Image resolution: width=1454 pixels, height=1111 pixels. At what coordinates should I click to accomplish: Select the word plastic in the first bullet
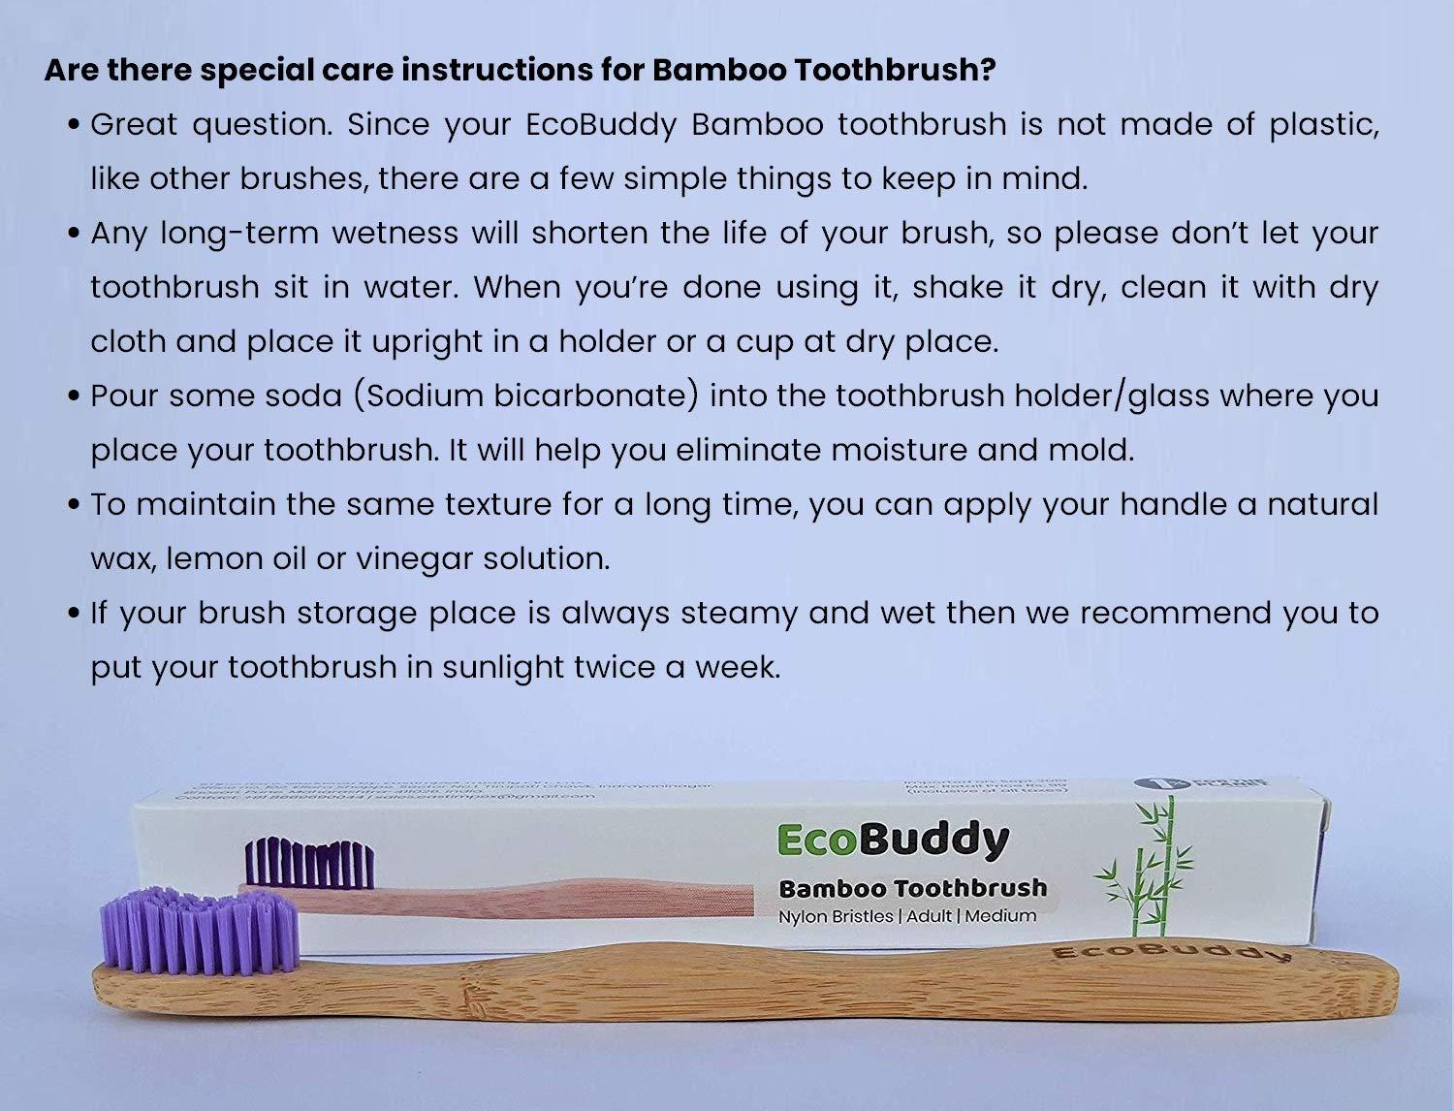pos(1324,125)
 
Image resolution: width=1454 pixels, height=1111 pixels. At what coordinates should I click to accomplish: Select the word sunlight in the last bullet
pos(497,667)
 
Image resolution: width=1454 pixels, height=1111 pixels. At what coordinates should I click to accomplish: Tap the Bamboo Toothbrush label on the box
pos(912,888)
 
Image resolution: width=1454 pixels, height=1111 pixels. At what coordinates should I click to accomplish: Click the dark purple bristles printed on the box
pos(309,865)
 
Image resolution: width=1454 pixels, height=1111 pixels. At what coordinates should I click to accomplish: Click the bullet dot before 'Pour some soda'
pos(75,397)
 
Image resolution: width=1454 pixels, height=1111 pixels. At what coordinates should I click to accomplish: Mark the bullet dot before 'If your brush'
pos(75,614)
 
